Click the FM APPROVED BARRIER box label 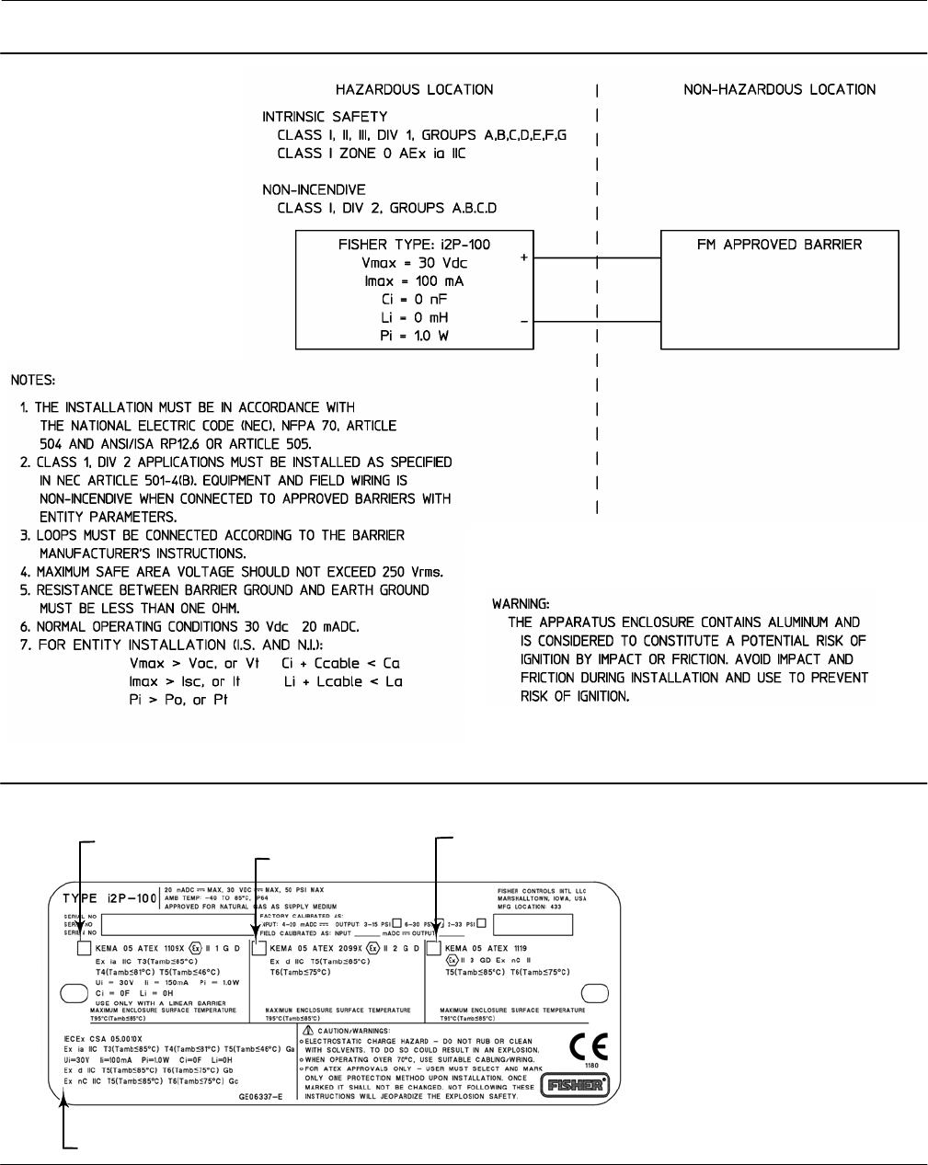779,245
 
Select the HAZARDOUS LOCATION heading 414,89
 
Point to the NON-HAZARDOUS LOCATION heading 779,89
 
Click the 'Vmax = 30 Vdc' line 414,263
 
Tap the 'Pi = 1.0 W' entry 414,336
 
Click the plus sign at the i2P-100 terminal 524,258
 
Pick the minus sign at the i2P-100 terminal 524,321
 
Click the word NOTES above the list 33,379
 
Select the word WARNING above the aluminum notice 521,604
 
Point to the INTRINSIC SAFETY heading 325,117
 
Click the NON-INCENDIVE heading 314,189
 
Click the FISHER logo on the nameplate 574,1085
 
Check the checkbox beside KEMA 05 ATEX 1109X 85,949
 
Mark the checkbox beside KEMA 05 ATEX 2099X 259,949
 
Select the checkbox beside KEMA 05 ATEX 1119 434,949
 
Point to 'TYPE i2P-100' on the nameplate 109,898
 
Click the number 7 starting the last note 27,645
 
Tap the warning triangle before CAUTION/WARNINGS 310,1032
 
